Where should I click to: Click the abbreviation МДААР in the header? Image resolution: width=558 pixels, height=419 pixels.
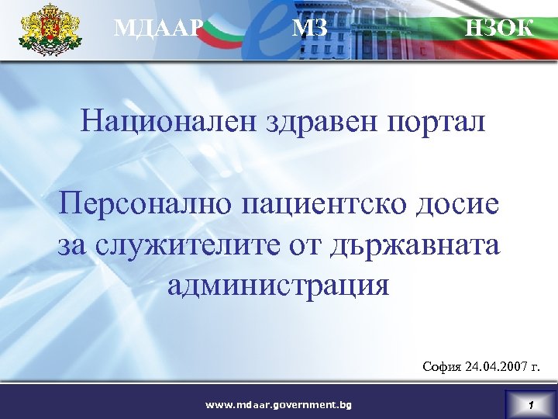pos(159,29)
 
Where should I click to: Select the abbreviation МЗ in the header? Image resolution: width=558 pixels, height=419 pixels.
pos(310,29)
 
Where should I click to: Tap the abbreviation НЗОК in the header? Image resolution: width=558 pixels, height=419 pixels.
pos(498,28)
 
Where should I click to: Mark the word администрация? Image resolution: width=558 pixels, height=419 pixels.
pos(278,285)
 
